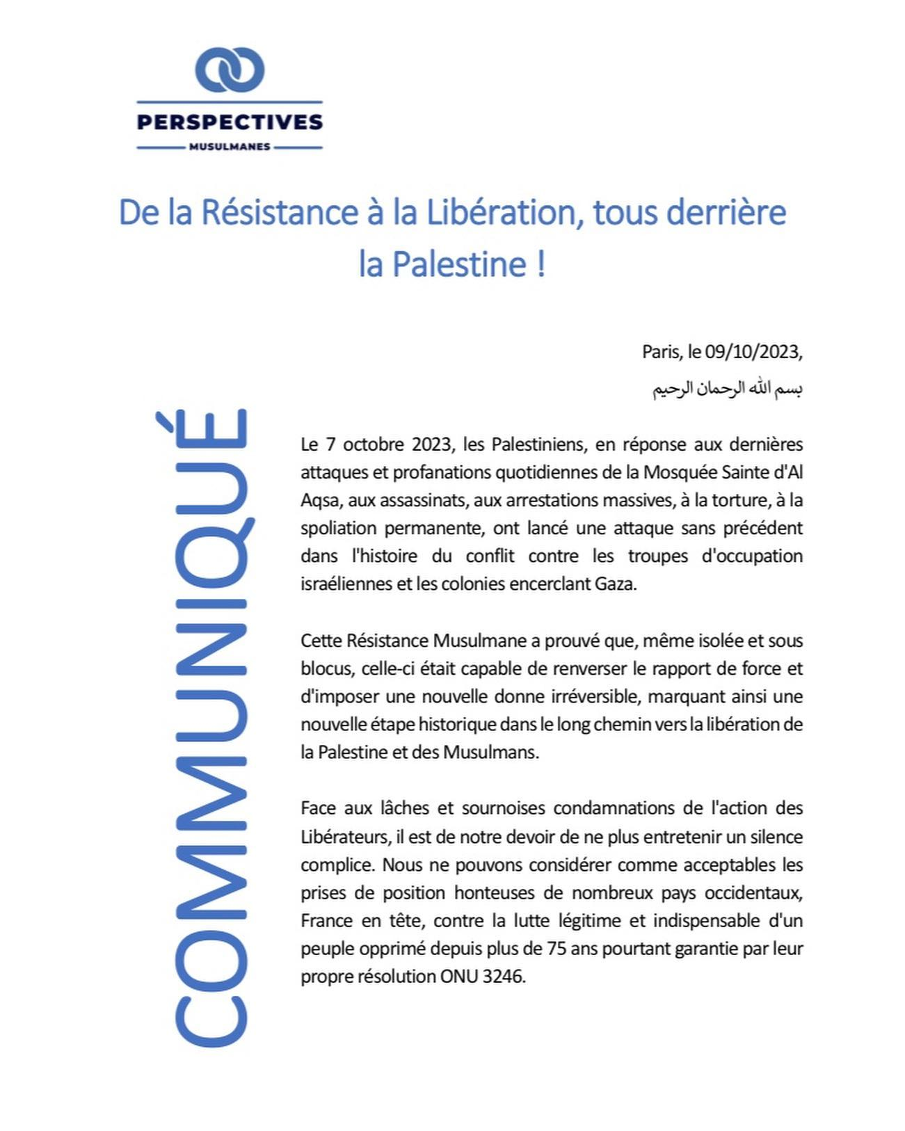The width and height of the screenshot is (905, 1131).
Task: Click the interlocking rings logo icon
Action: coord(230,70)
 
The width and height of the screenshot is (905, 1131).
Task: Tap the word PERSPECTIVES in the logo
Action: coord(230,122)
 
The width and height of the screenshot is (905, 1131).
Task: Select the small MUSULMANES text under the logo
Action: coord(230,147)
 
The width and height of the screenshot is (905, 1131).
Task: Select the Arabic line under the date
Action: coord(727,388)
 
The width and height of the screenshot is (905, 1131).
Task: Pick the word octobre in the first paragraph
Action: coord(369,444)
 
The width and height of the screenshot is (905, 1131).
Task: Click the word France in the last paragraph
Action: coord(326,920)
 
